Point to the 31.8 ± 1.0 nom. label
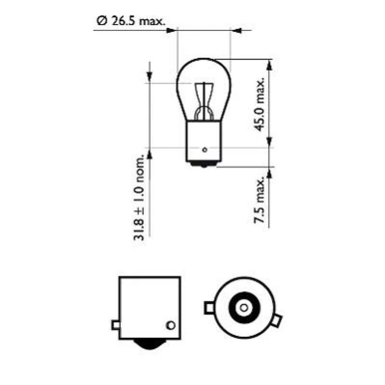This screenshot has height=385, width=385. (x=140, y=198)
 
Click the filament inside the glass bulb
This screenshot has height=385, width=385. (x=205, y=101)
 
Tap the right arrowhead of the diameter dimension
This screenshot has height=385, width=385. (x=235, y=30)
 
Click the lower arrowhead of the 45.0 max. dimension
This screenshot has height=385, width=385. (x=269, y=142)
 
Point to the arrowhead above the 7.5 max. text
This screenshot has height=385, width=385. (x=269, y=172)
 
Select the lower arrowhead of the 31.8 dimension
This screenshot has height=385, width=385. (x=150, y=154)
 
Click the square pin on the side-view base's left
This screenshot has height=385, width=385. (x=115, y=325)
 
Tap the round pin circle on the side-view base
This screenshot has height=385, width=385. (x=169, y=325)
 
